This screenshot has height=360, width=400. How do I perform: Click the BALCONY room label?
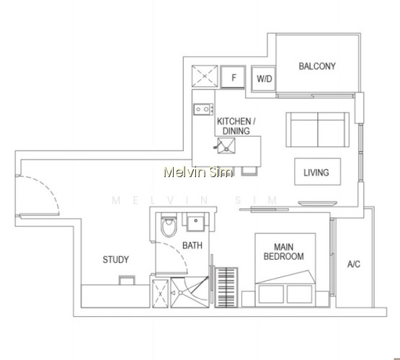[317, 66]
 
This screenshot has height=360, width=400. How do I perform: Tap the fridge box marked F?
[233, 78]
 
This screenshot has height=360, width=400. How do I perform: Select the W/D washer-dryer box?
[264, 78]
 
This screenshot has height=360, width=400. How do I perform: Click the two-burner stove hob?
[203, 109]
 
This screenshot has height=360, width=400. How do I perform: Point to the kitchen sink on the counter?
[226, 145]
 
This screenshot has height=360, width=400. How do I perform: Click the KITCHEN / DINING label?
[236, 126]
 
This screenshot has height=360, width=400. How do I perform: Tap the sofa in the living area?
[318, 130]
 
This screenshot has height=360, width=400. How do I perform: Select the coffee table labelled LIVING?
[318, 171]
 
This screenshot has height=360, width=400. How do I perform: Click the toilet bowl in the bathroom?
[169, 225]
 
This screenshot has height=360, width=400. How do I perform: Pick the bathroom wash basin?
[195, 222]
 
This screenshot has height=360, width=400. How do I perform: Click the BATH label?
[192, 246]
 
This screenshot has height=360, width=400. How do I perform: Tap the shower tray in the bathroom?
[190, 292]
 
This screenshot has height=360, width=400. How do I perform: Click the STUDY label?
[115, 260]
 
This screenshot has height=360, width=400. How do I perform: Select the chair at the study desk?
[127, 280]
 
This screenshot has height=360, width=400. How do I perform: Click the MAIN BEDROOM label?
[284, 252]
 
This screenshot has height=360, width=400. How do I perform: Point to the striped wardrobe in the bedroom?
[226, 287]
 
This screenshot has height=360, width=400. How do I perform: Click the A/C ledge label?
[354, 264]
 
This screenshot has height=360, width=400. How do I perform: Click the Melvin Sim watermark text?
[198, 172]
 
